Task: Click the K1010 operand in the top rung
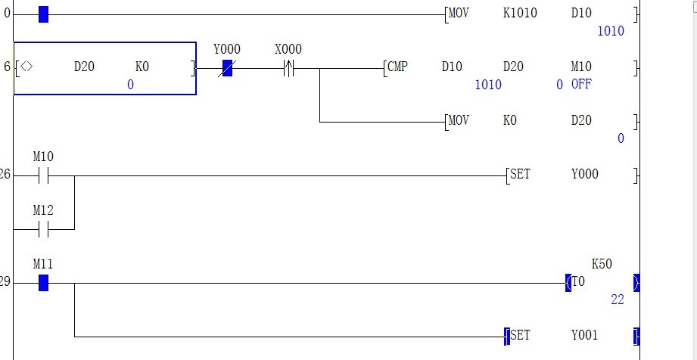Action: pos(520,13)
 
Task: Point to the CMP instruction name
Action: pos(397,67)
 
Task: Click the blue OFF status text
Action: pos(581,84)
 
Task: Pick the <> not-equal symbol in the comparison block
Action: pos(26,67)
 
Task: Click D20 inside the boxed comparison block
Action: pos(84,67)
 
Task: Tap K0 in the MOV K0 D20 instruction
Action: pos(510,120)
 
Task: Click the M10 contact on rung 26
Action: pos(43,176)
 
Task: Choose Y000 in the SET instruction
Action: pos(585,174)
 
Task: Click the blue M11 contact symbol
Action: pos(43,284)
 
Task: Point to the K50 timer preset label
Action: pos(602,264)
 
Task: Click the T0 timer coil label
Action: pos(578,281)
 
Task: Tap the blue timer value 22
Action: pos(618,299)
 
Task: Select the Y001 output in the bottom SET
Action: pos(585,335)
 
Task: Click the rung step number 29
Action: pos(5,282)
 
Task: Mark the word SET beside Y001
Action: pos(521,335)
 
